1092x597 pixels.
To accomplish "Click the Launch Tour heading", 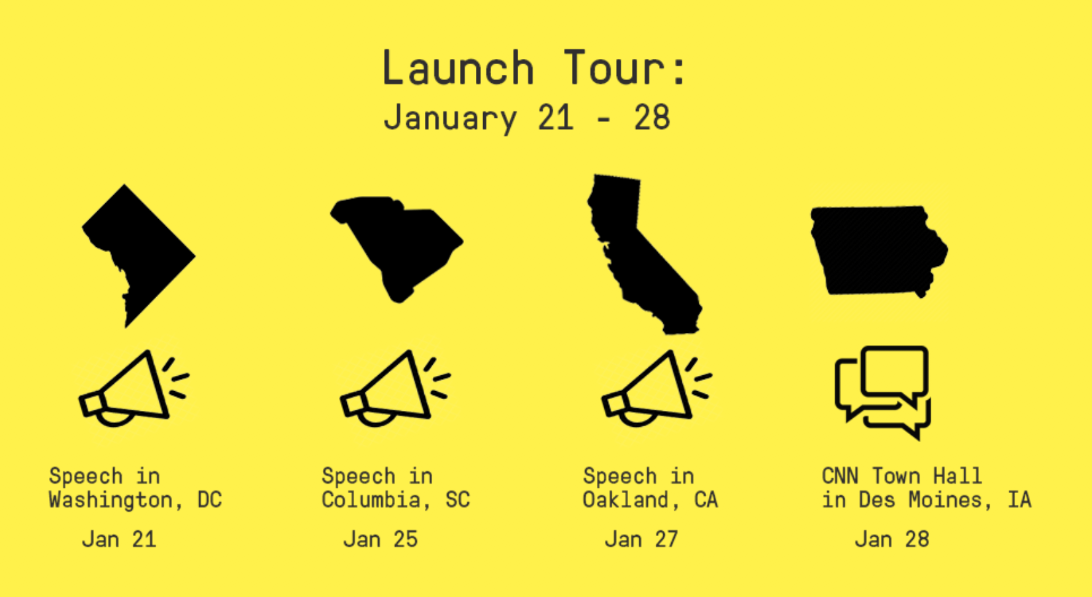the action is pyautogui.click(x=535, y=68).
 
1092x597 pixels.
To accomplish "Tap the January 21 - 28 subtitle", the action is pyautogui.click(x=527, y=118).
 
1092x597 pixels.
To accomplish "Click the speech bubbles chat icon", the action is pyautogui.click(x=882, y=392).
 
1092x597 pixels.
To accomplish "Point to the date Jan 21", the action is pyautogui.click(x=119, y=539).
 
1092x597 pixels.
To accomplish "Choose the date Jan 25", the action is pyautogui.click(x=381, y=539).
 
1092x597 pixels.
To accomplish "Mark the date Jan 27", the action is pyautogui.click(x=641, y=539).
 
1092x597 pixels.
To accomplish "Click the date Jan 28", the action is pyautogui.click(x=892, y=539).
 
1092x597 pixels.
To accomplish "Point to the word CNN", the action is pyautogui.click(x=840, y=476).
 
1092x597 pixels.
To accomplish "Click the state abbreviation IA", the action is pyautogui.click(x=1020, y=500).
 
